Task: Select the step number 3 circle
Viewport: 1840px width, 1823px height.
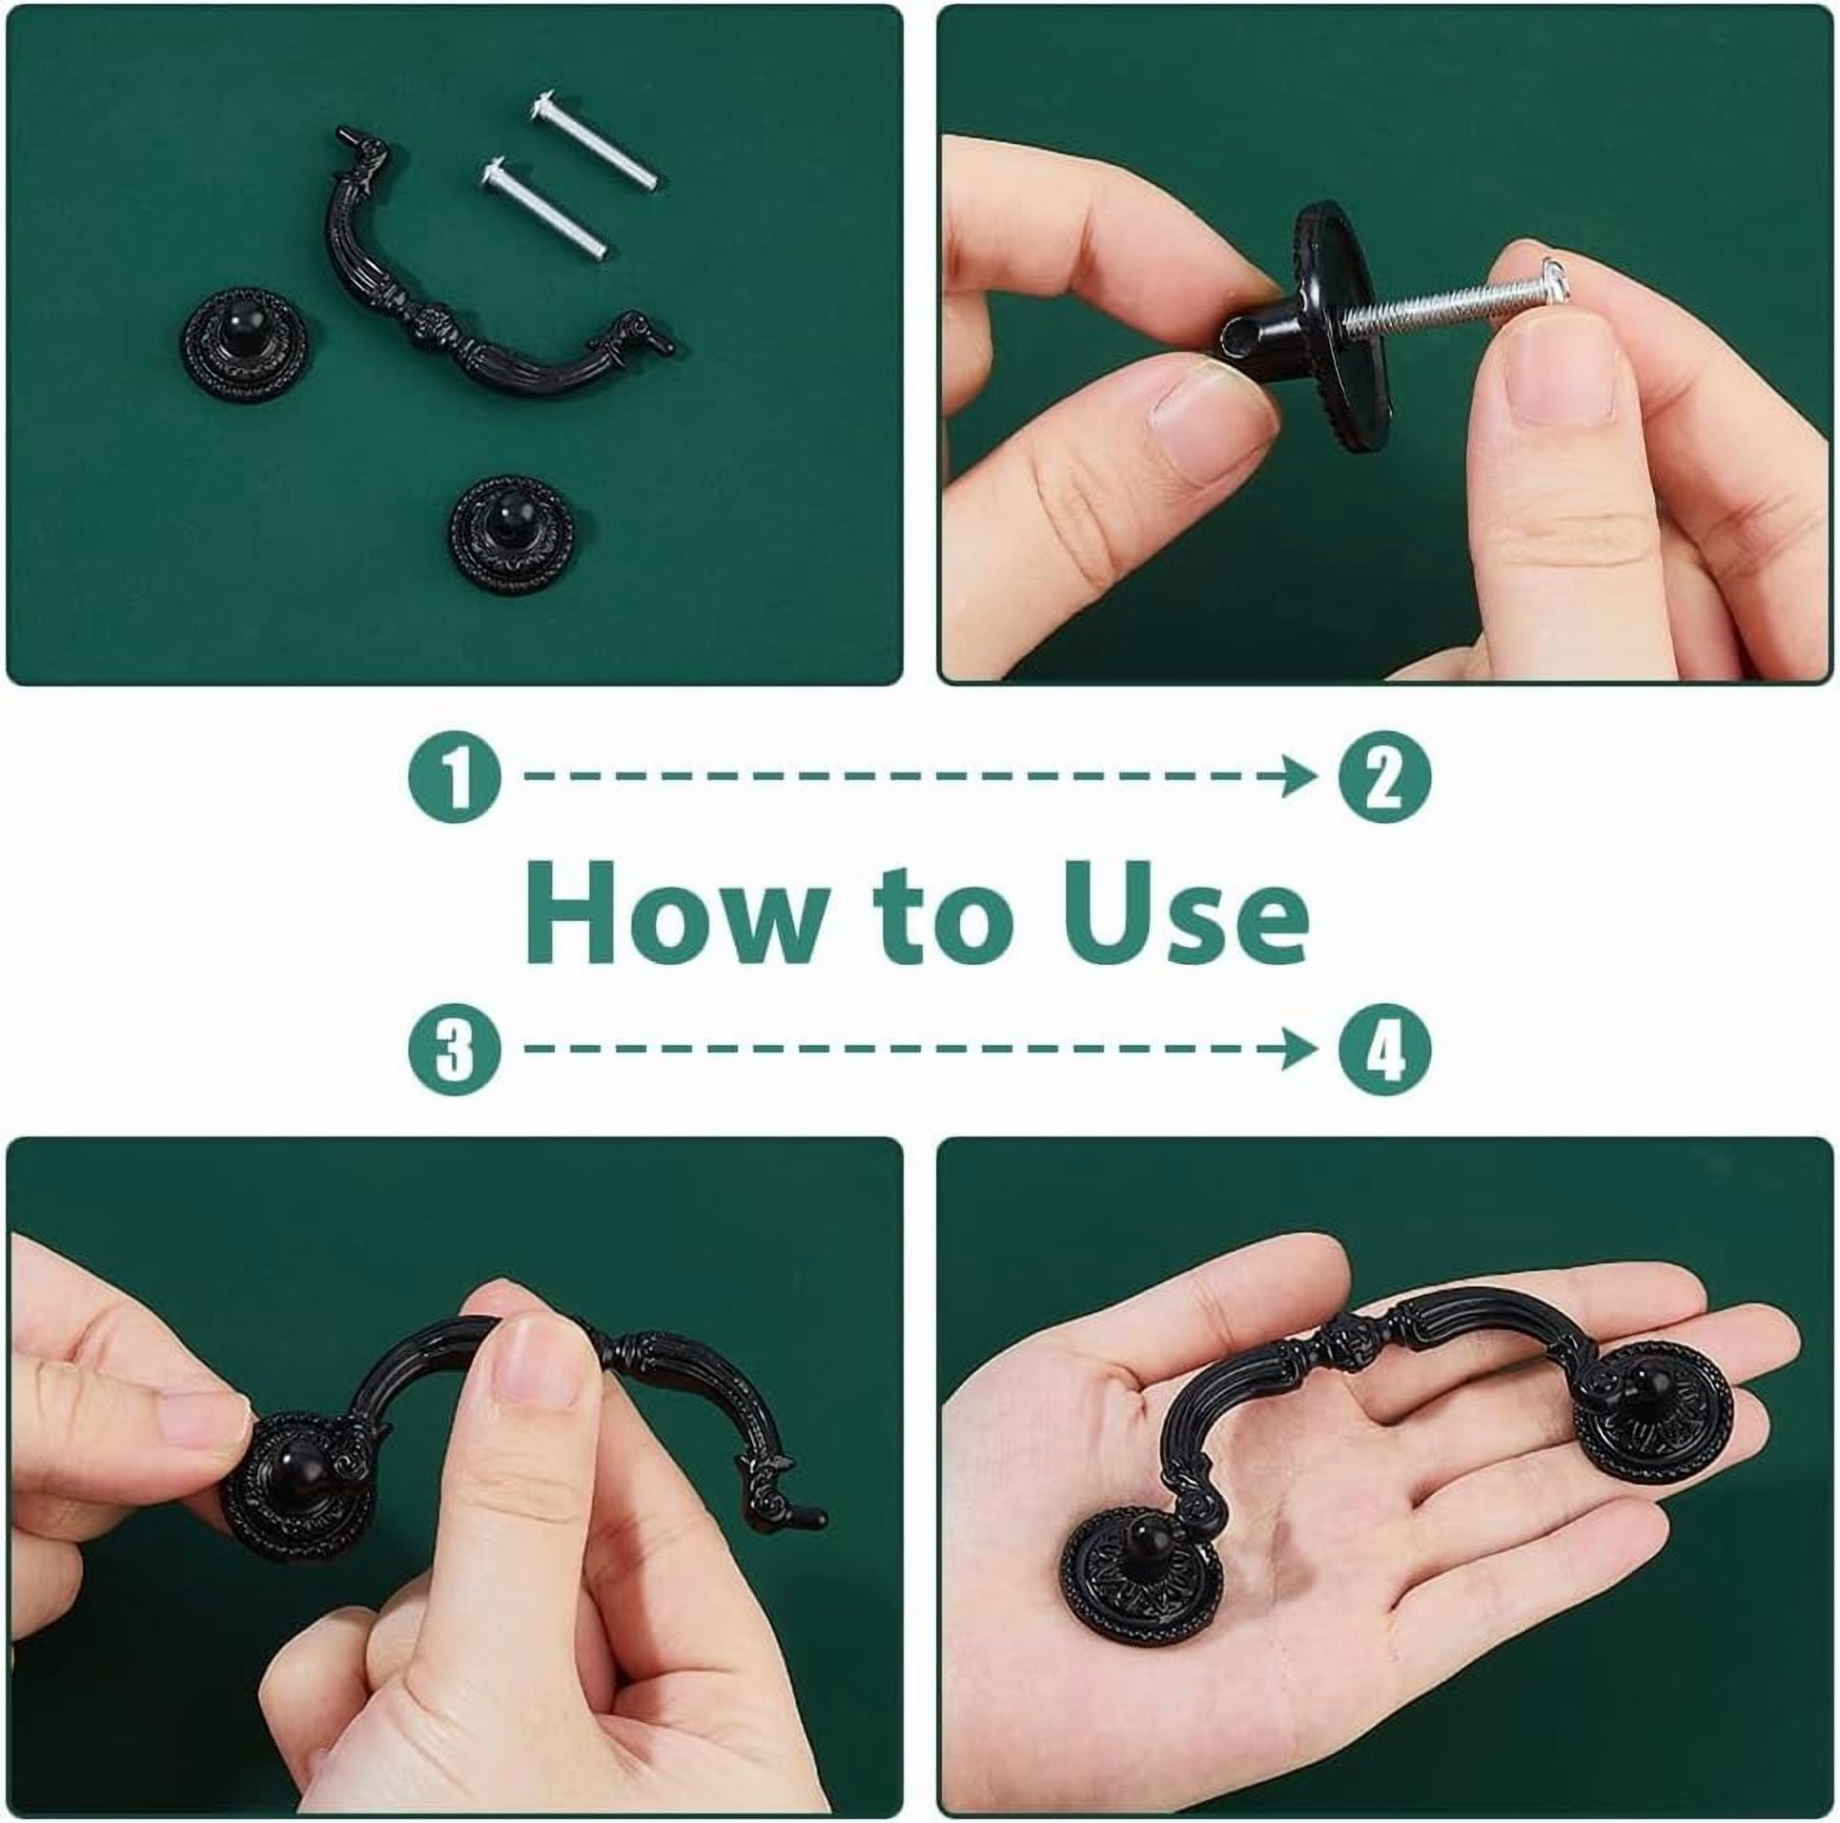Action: coord(455,1048)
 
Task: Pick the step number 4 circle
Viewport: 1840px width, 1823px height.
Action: coord(1385,1048)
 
